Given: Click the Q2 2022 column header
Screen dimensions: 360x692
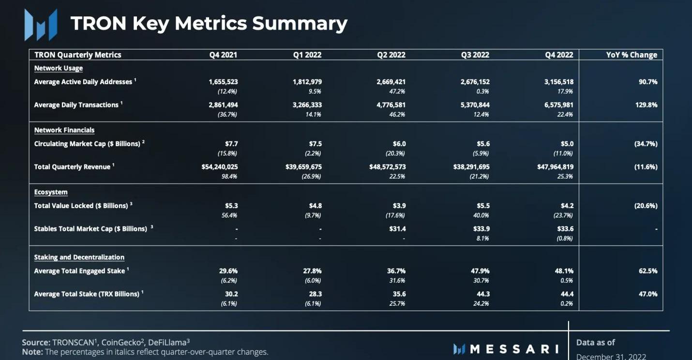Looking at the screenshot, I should [391, 55].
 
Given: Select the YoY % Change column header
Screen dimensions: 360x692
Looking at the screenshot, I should [632, 55].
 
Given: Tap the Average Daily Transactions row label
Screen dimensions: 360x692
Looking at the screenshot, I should [76, 105].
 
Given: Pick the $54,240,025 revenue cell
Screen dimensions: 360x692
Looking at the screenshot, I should [220, 167].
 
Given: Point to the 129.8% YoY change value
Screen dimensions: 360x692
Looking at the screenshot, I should [647, 105].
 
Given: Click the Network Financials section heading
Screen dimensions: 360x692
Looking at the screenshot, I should [64, 130].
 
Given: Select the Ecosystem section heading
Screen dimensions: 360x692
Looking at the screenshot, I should [51, 192].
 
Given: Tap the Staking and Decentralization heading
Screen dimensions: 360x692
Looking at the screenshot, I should [79, 257].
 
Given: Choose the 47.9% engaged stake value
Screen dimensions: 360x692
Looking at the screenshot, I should [480, 271].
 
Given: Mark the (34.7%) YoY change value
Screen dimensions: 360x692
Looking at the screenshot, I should [646, 144].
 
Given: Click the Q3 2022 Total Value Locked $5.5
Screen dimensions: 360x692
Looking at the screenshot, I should [483, 206].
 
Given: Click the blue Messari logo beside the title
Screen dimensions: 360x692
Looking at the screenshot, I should [41, 24].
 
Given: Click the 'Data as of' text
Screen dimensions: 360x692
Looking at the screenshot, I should [595, 343].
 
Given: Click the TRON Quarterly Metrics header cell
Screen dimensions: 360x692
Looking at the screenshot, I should [78, 55].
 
